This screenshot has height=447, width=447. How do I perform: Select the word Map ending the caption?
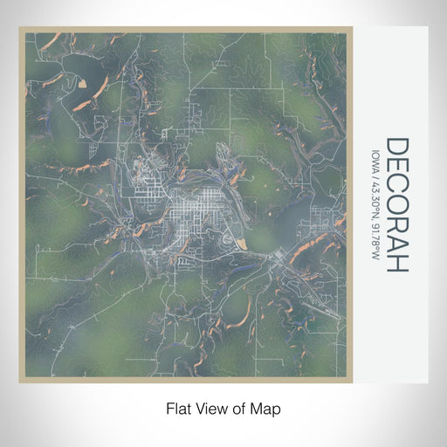(x=267, y=408)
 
